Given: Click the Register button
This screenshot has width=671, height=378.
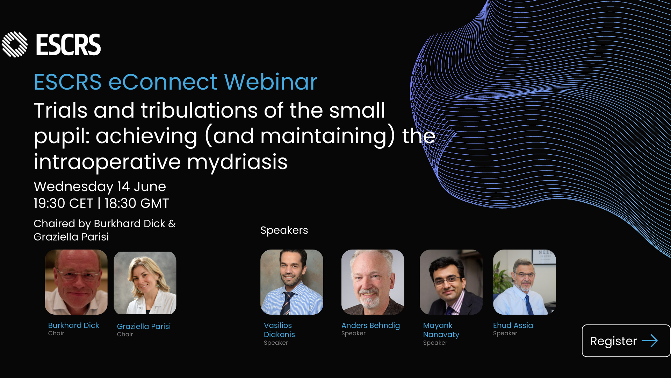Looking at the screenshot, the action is pyautogui.click(x=626, y=341).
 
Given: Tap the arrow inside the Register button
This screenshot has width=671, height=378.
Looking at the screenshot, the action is pyautogui.click(x=650, y=341).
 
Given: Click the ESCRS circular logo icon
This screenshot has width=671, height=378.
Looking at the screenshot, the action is pyautogui.click(x=15, y=44).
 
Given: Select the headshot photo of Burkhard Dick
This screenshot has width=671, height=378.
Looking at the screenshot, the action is pyautogui.click(x=76, y=282).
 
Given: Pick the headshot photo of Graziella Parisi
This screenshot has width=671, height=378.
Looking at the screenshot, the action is pyautogui.click(x=145, y=283).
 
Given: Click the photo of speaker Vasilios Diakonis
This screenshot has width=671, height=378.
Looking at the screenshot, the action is pyautogui.click(x=292, y=282).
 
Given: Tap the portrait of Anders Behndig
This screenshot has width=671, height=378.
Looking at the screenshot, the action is pyautogui.click(x=373, y=282).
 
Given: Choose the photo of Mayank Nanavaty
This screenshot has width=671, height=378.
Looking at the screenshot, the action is pyautogui.click(x=451, y=282).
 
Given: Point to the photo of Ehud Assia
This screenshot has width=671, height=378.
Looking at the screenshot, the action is pyautogui.click(x=525, y=282).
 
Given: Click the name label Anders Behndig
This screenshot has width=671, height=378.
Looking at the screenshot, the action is pyautogui.click(x=370, y=325).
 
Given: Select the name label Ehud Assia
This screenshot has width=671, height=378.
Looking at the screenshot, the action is pyautogui.click(x=513, y=325).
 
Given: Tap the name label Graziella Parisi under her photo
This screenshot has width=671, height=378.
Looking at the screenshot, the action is pyautogui.click(x=144, y=326).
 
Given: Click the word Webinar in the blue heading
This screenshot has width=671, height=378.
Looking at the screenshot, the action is pyautogui.click(x=271, y=82).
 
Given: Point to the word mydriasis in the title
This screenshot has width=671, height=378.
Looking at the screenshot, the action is pyautogui.click(x=237, y=162).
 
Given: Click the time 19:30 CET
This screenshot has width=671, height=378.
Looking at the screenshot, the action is pyautogui.click(x=63, y=203).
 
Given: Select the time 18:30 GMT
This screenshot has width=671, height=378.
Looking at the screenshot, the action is pyautogui.click(x=137, y=203).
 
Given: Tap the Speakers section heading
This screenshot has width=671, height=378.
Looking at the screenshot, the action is pyautogui.click(x=284, y=230).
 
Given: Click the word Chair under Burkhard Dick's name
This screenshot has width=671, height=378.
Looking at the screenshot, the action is pyautogui.click(x=56, y=333).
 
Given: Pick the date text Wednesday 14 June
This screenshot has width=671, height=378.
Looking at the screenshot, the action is pyautogui.click(x=100, y=187).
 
